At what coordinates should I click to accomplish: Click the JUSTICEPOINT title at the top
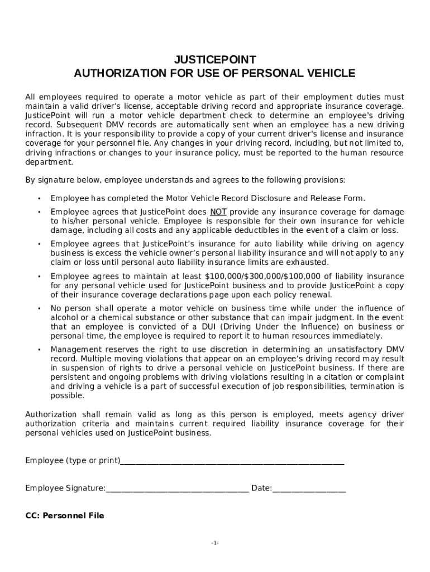pyautogui.click(x=215, y=60)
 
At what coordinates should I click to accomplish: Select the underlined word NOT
pyautogui.click(x=218, y=212)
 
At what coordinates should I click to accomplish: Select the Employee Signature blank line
pyautogui.click(x=177, y=489)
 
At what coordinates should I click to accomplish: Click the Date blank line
pyautogui.click(x=309, y=489)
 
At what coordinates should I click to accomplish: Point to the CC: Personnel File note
pyautogui.click(x=65, y=516)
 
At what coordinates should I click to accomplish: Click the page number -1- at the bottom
pyautogui.click(x=215, y=544)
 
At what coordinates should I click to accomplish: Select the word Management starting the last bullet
pyautogui.click(x=75, y=349)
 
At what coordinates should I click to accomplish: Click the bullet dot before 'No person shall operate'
pyautogui.click(x=39, y=309)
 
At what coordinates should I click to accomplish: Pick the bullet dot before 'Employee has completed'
pyautogui.click(x=39, y=199)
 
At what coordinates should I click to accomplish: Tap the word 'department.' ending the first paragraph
pyautogui.click(x=49, y=162)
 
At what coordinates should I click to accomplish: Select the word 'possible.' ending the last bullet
pyautogui.click(x=68, y=396)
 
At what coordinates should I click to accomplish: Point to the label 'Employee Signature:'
pyautogui.click(x=65, y=489)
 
